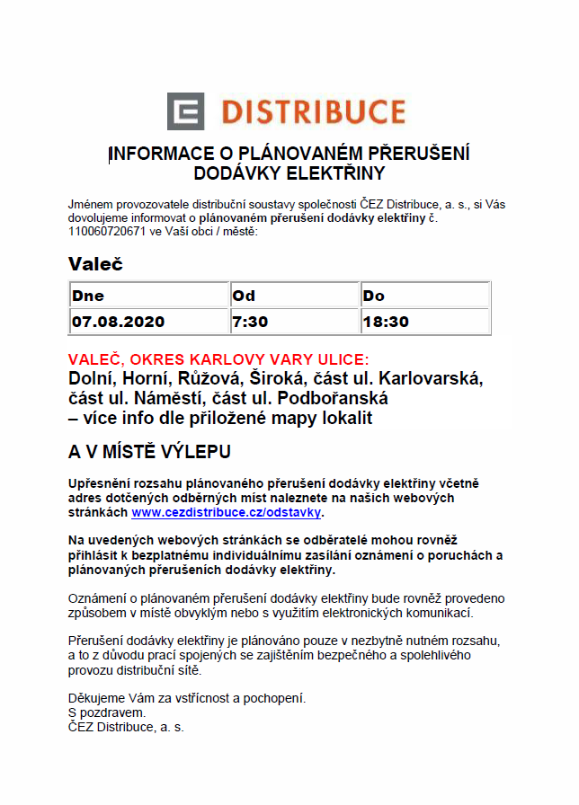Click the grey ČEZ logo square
[x=186, y=111]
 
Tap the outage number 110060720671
[x=107, y=232]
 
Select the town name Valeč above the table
[x=95, y=264]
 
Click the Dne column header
[x=88, y=296]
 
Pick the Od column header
[x=244, y=296]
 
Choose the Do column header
[x=373, y=296]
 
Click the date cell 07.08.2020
[x=119, y=321]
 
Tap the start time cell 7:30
[x=250, y=321]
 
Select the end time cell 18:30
[x=386, y=321]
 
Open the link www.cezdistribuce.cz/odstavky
[x=226, y=512]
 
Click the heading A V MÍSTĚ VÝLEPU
[x=149, y=450]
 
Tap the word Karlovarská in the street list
[x=432, y=378]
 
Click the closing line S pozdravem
[x=107, y=712]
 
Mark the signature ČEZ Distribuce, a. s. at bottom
[x=126, y=727]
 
